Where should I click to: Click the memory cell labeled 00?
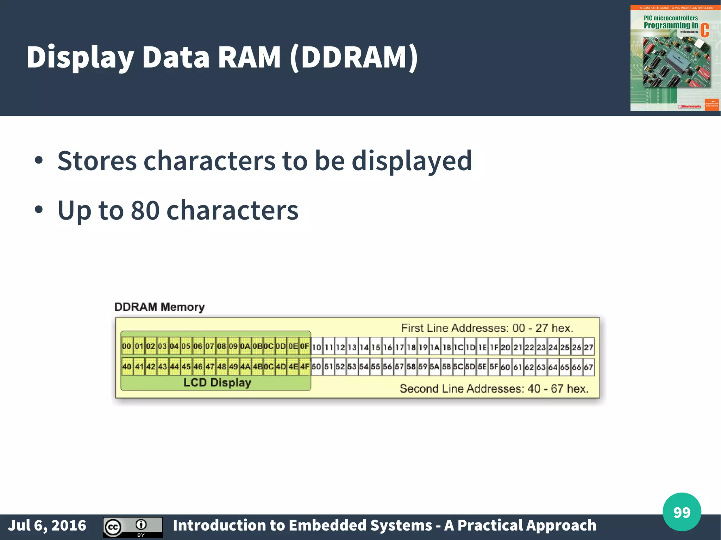127,347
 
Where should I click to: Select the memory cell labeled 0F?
305,347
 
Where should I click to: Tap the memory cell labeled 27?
589,347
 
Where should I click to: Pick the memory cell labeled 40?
127,367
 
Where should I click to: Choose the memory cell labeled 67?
589,367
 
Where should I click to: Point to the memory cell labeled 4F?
305,367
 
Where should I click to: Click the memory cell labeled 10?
316,347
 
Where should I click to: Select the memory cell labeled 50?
316,367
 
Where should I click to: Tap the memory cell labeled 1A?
435,347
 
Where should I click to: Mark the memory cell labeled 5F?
494,367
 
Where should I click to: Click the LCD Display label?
217,382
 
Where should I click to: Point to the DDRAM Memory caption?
159,307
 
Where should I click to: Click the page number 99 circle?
682,512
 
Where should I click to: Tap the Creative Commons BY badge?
133,527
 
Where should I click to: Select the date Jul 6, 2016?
47,526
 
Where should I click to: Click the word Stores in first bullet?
97,161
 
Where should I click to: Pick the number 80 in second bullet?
145,210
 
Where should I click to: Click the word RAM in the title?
249,57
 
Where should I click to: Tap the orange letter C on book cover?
704,30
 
